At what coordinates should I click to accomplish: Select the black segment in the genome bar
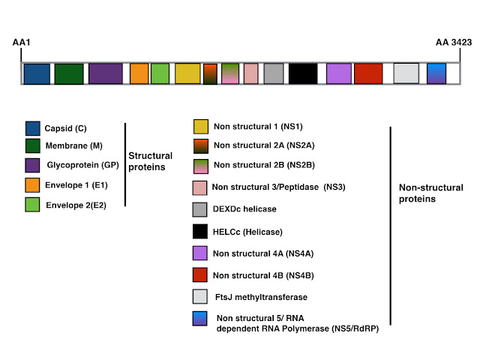coord(303,73)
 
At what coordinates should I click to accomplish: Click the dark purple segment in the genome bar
coord(105,73)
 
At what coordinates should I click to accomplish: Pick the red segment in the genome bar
coord(368,73)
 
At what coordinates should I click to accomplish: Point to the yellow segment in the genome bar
coord(187,73)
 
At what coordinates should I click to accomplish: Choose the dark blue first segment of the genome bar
coord(37,73)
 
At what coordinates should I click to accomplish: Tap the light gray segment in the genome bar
coord(406,73)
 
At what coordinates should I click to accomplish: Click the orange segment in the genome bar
coord(139,73)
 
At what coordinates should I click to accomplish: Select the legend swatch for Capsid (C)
coord(32,127)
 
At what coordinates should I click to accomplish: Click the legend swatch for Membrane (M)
coord(32,145)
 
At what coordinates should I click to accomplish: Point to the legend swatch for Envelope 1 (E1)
coord(32,184)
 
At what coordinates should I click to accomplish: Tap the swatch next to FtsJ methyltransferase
coord(201,298)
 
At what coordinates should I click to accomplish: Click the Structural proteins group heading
coord(151,160)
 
